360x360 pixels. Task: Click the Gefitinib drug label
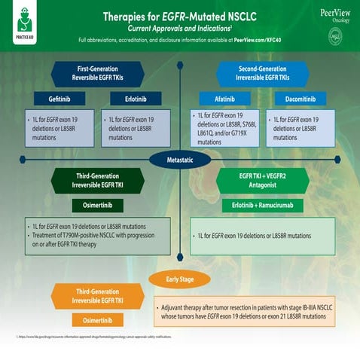point(59,99)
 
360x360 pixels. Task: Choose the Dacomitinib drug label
point(299,99)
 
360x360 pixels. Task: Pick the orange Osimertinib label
point(98,320)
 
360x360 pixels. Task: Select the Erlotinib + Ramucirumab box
point(264,205)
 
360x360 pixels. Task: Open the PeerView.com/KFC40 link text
point(260,38)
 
